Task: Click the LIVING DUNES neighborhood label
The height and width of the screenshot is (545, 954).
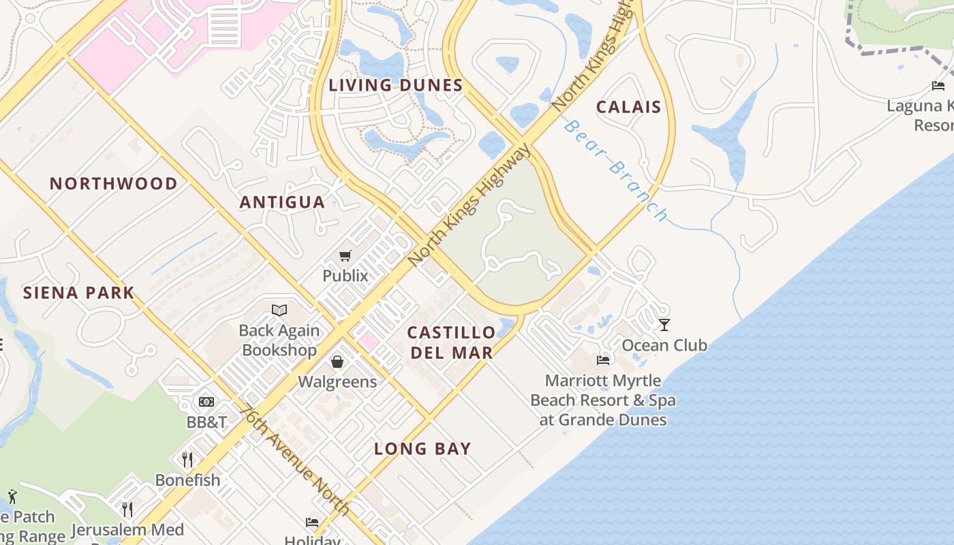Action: pos(395,85)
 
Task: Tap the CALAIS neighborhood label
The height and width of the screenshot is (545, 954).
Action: pos(628,107)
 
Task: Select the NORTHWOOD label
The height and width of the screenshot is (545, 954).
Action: pos(113,183)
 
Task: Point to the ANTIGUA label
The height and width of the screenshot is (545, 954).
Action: pos(282,202)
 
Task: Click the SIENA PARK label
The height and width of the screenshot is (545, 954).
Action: pos(78,293)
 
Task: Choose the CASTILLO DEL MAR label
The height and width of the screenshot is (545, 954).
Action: pos(451,342)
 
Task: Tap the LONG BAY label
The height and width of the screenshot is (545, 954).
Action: pos(422,448)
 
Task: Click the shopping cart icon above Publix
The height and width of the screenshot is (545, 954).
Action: pos(345,256)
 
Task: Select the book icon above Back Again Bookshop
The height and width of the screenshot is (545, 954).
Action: pos(279,311)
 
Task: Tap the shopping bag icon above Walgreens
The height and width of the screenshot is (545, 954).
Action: pos(337,362)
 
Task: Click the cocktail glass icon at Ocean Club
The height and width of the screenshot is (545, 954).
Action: pos(664,325)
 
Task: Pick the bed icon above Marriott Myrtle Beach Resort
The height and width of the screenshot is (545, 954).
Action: pos(603,360)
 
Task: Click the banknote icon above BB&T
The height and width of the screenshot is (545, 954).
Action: pos(206,402)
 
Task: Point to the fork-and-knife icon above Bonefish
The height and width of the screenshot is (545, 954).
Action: pos(188,459)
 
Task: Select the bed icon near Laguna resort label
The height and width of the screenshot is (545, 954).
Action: pos(938,86)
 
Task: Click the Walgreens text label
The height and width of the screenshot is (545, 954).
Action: pos(337,381)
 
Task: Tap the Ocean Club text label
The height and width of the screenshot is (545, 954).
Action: pos(664,345)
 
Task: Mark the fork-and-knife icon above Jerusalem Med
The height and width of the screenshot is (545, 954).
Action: pos(127,509)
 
